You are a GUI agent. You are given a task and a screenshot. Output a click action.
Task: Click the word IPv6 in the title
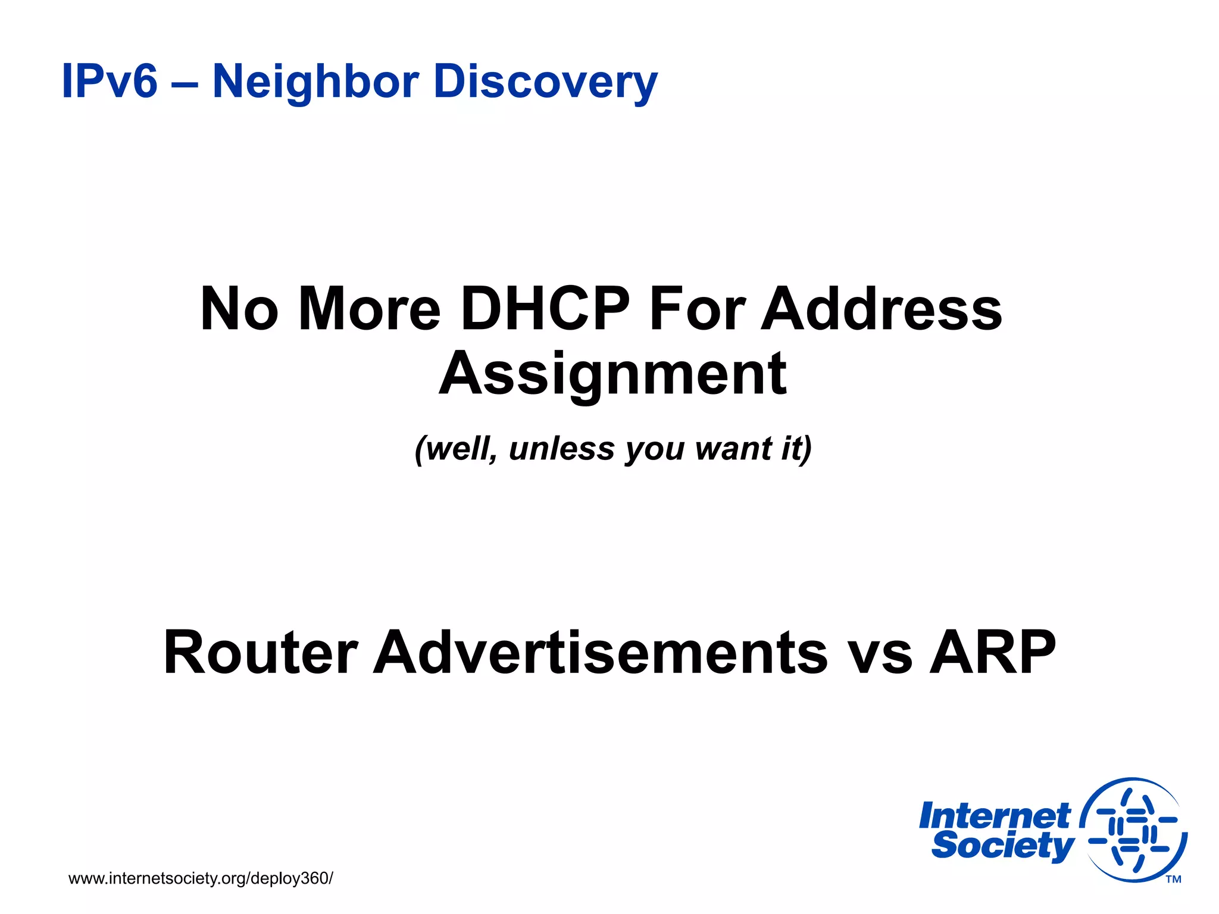110,81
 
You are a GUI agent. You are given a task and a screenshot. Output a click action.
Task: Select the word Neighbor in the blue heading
315,81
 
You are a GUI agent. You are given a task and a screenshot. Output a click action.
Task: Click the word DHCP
545,309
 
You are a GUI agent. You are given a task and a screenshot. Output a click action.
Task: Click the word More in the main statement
369,309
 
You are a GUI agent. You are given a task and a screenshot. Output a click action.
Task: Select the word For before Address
697,309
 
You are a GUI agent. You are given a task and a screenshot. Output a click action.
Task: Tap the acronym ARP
993,653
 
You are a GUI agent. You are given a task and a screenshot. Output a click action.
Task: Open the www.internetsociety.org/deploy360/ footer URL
201,878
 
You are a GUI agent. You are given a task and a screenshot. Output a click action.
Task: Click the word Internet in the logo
995,816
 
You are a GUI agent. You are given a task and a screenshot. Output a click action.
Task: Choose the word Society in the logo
1003,846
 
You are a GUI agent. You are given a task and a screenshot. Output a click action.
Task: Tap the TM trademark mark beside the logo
1173,879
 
